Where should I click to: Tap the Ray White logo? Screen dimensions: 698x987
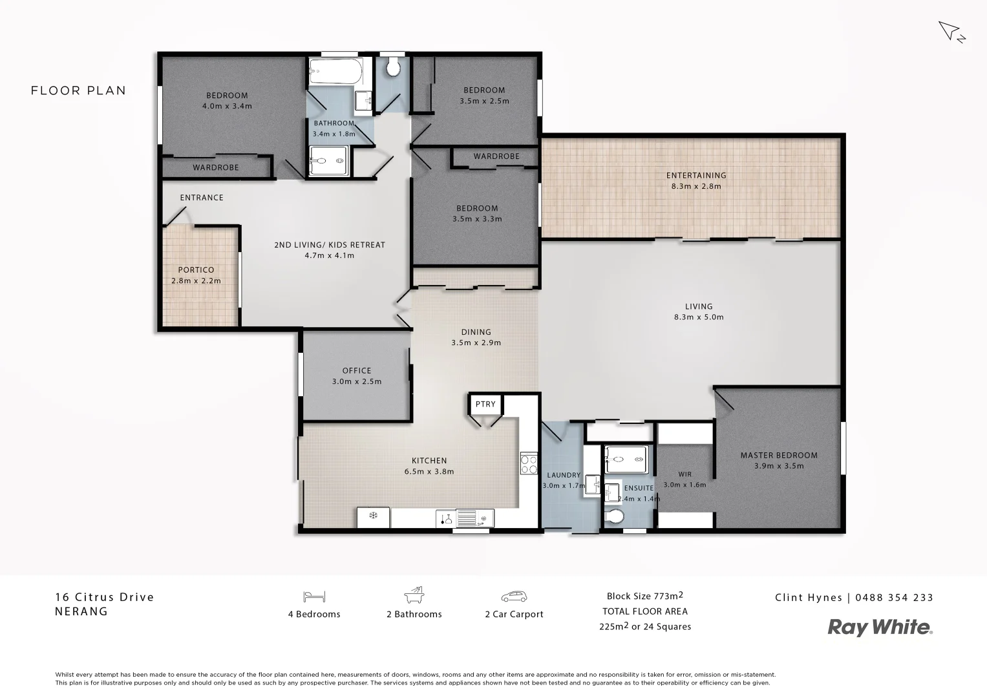click(880, 627)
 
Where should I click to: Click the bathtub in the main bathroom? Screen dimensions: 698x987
click(335, 70)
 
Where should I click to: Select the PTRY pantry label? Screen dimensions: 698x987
click(485, 404)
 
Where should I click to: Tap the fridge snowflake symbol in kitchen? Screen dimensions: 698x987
click(373, 516)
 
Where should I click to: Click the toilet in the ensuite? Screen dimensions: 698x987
click(615, 517)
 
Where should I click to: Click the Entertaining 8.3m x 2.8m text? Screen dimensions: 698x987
click(696, 180)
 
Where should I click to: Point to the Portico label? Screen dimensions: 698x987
click(196, 270)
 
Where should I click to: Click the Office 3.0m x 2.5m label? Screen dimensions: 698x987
click(357, 375)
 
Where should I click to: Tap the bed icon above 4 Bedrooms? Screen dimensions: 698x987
click(314, 596)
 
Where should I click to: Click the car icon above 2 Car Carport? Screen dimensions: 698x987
click(514, 596)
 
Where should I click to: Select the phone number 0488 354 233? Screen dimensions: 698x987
click(894, 598)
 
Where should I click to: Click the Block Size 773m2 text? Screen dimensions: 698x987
click(644, 596)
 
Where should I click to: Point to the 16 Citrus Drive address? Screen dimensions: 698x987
click(105, 597)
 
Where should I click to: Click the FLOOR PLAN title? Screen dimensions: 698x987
click(78, 90)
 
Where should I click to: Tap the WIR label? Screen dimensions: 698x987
click(685, 474)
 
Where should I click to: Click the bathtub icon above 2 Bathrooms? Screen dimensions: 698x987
click(414, 595)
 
